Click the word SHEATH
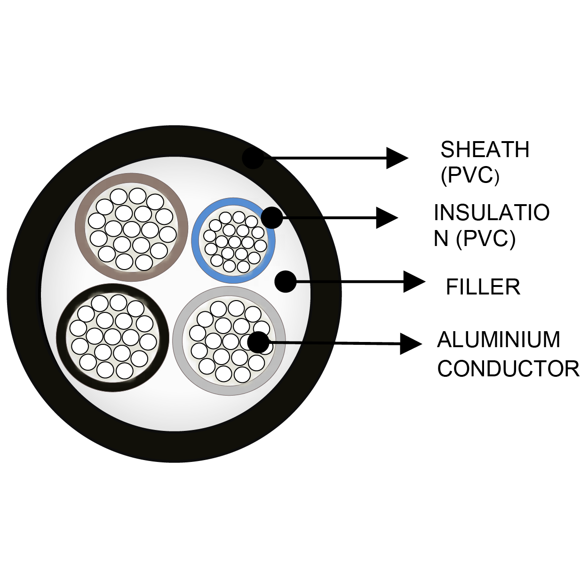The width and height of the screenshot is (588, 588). pos(485,150)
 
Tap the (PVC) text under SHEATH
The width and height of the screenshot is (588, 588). pos(469,175)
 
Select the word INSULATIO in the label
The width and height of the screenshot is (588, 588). pos(491,213)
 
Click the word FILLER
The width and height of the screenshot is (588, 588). pos(483,287)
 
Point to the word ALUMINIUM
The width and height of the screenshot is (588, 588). pos(499,340)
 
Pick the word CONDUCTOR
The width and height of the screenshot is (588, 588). pos(508,369)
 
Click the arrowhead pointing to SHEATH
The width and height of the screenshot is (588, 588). pos(396,158)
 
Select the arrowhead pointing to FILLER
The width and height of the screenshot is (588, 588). pos(413,282)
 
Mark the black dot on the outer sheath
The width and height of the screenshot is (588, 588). pos(253,158)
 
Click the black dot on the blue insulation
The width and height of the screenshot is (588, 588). pos(271,218)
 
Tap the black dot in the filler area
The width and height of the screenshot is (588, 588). pos(285,282)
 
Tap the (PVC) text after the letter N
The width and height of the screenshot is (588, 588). pos(485,238)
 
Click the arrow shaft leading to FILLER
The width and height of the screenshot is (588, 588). pos(348,282)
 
